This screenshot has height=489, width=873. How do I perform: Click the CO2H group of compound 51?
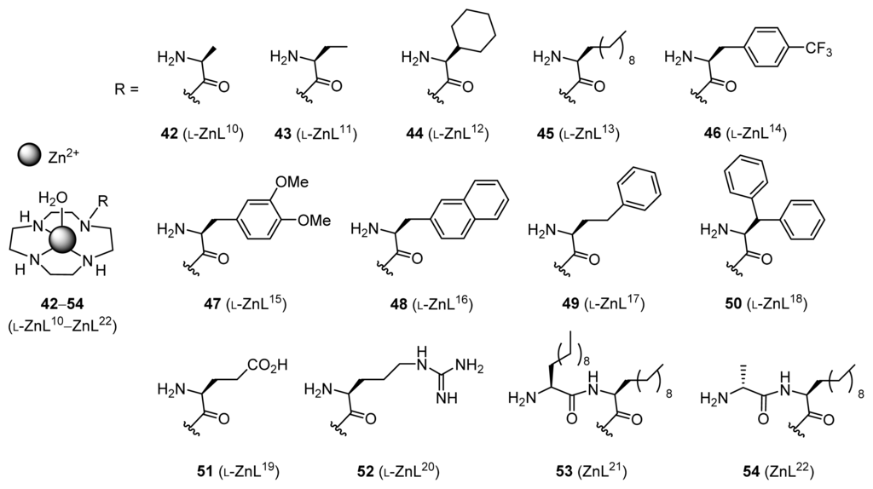tap(269, 367)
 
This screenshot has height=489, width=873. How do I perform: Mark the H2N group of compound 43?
tap(284, 57)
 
